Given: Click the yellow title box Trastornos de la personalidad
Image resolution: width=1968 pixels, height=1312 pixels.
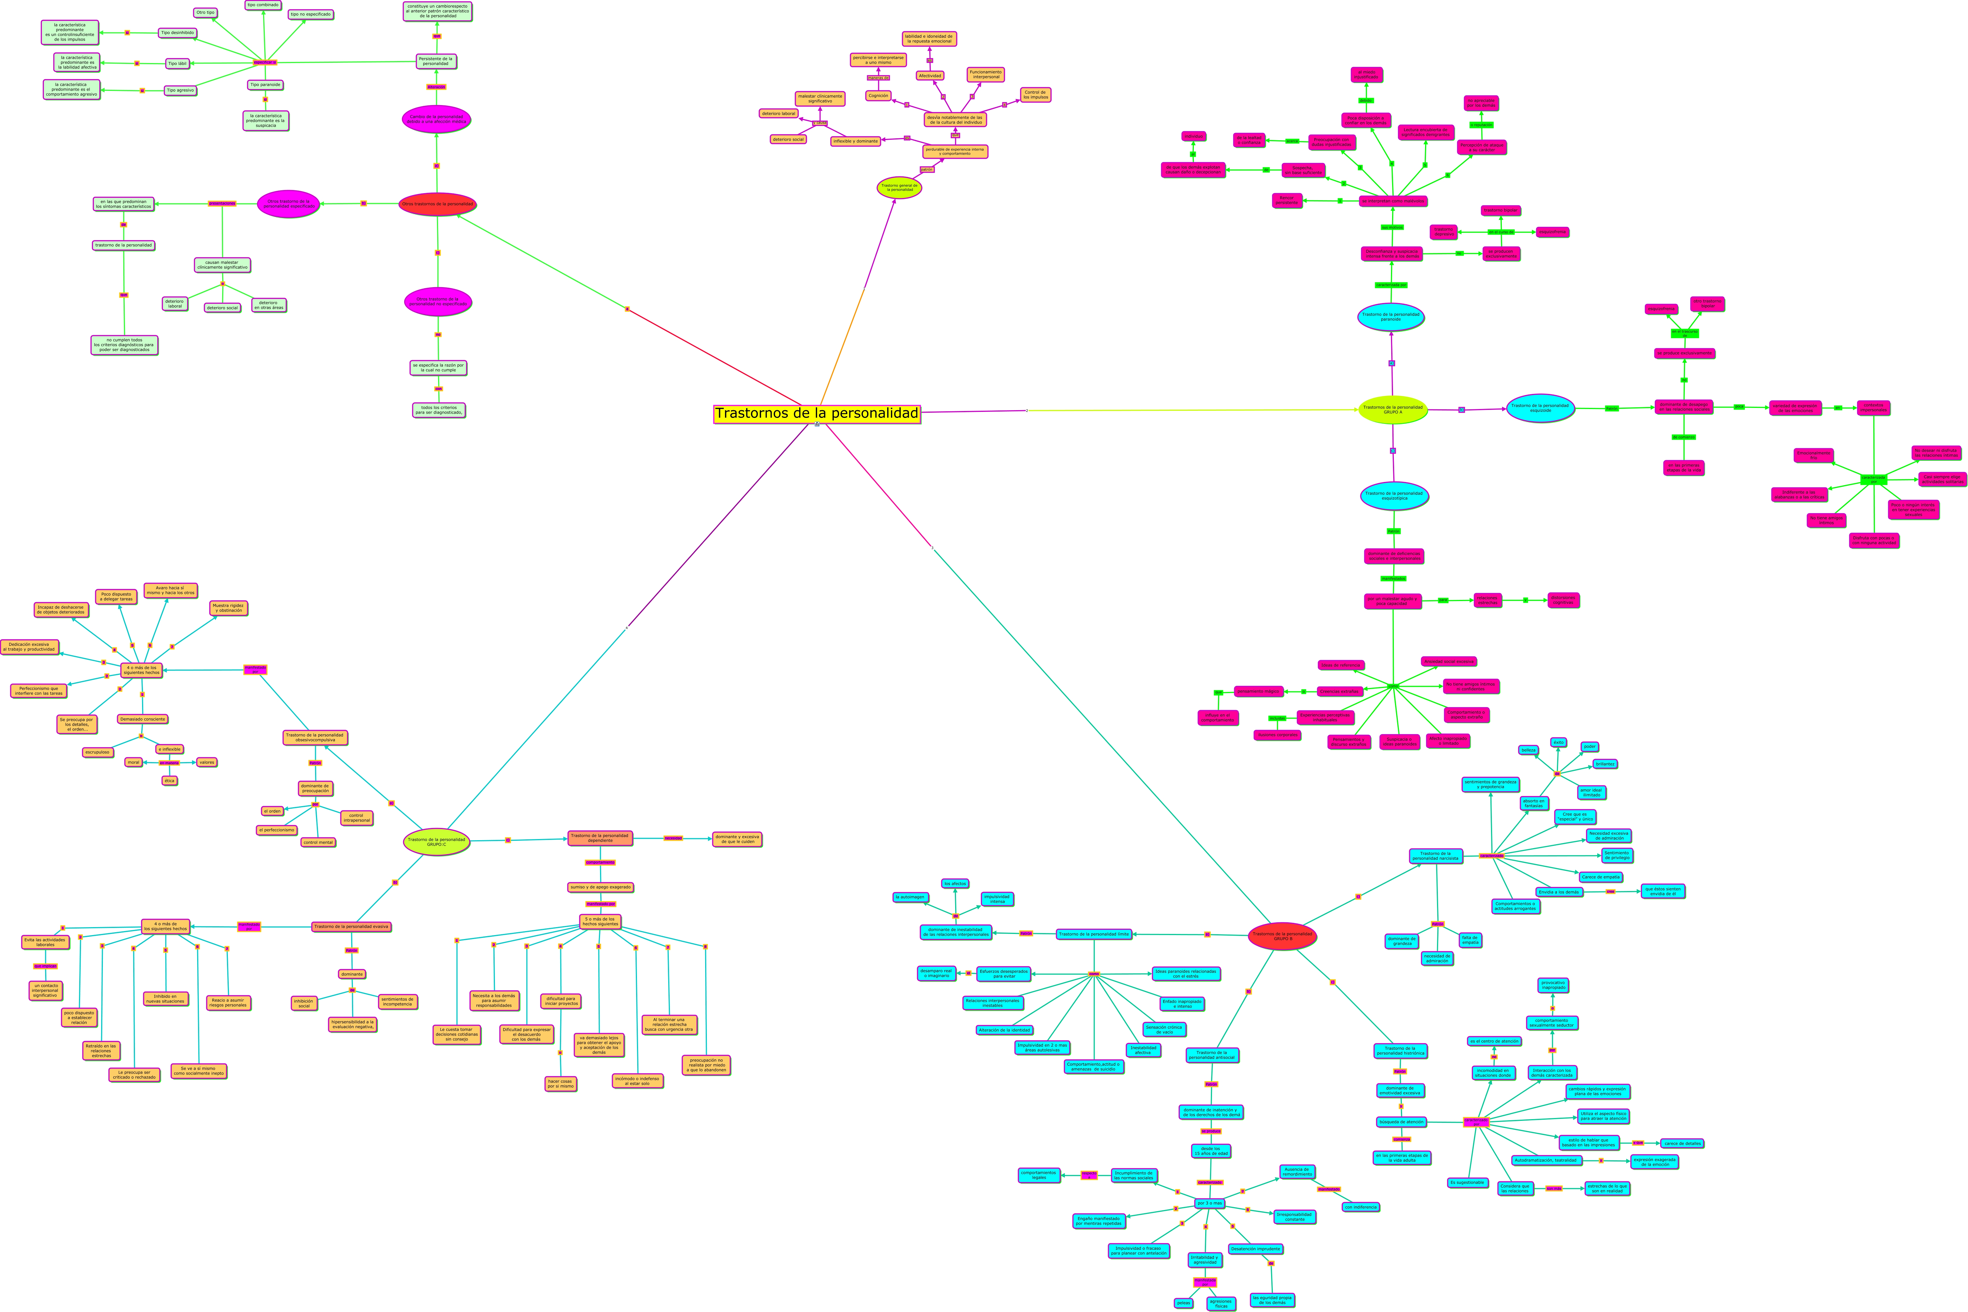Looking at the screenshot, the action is [x=817, y=413].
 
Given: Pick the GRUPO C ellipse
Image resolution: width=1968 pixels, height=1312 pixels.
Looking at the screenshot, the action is [x=436, y=842].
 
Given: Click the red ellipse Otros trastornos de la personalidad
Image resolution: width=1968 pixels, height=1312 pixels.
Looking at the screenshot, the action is [x=437, y=204].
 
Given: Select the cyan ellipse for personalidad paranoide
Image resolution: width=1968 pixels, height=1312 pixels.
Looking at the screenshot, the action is [x=1391, y=317].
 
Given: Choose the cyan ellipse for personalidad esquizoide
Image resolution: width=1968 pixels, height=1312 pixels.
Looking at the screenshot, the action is [x=1540, y=408].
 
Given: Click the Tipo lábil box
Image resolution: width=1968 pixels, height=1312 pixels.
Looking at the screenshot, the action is [x=177, y=64].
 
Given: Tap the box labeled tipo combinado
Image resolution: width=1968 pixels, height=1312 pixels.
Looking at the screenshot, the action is [x=263, y=5].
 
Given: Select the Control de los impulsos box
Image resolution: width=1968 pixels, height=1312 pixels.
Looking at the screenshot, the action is [x=1035, y=95].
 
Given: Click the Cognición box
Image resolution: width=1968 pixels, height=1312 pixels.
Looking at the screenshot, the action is [x=878, y=95].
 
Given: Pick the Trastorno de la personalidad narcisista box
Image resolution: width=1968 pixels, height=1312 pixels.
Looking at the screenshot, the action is [x=1436, y=856].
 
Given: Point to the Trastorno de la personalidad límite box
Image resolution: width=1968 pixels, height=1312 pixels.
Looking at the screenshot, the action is [x=1094, y=934].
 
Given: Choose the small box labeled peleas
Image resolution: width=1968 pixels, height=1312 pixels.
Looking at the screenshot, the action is [x=1183, y=1303].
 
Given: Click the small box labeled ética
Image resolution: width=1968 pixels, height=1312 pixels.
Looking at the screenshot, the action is [x=169, y=781].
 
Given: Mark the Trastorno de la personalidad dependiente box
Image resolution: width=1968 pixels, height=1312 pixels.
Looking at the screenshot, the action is [x=600, y=838].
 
